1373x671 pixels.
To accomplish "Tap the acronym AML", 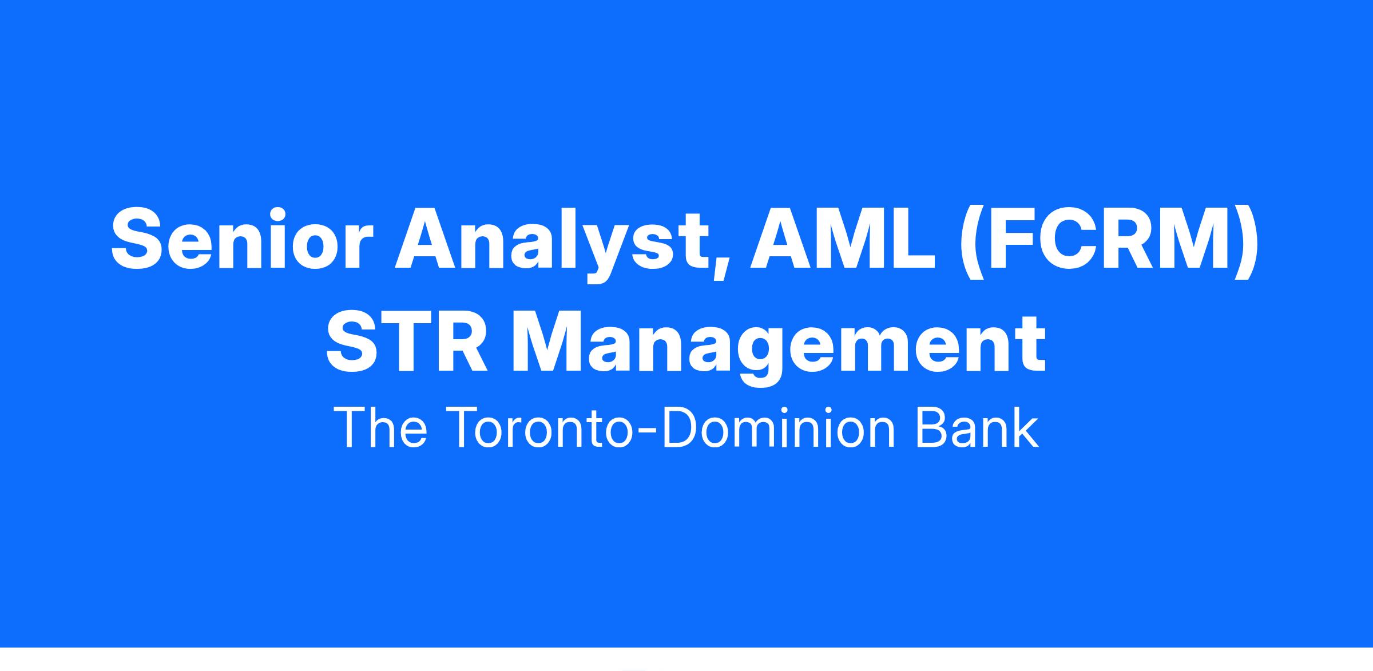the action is (843, 237).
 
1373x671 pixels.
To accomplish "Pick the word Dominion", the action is (778, 427).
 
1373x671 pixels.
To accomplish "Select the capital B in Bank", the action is (932, 427).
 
